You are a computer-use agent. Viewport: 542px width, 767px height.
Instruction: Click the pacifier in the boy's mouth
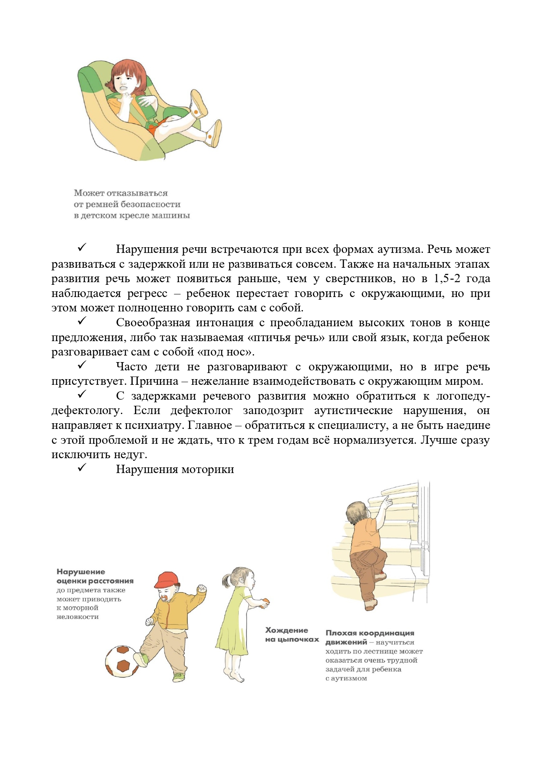[165, 598]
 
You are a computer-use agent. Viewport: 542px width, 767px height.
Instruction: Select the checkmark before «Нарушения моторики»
[82, 467]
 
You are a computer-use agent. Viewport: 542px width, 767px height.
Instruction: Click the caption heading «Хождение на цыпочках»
[292, 635]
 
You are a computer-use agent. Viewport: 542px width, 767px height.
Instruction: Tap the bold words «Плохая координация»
[370, 633]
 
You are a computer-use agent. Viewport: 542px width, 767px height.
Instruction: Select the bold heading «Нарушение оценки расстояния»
[95, 576]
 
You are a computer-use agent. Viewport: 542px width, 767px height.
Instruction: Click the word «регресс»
[147, 294]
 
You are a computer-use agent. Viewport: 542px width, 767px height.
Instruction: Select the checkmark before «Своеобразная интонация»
[82, 321]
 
